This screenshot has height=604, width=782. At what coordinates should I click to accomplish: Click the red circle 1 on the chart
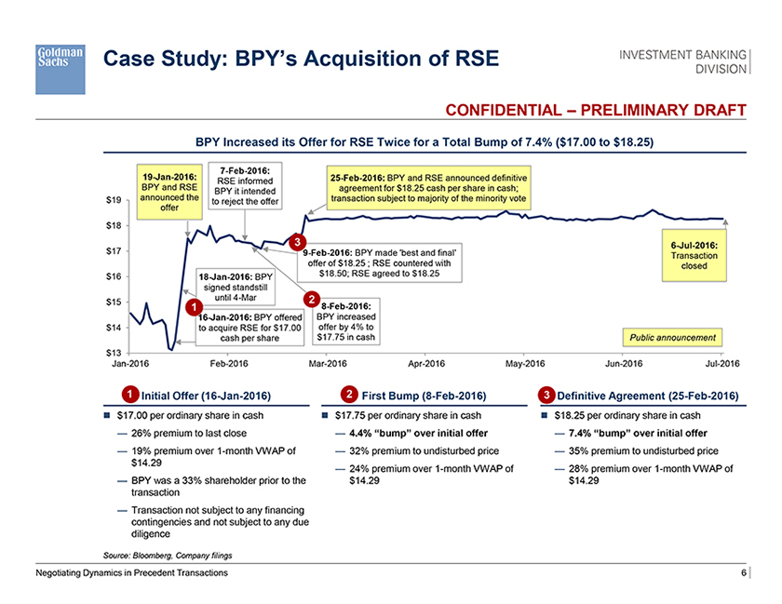(192, 307)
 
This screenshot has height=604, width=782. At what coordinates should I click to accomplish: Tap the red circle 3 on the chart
(296, 244)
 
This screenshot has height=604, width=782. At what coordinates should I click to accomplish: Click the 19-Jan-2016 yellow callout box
(170, 191)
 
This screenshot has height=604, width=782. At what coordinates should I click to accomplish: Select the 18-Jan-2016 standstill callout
(236, 287)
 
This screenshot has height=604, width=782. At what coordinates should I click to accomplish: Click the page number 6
(744, 573)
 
